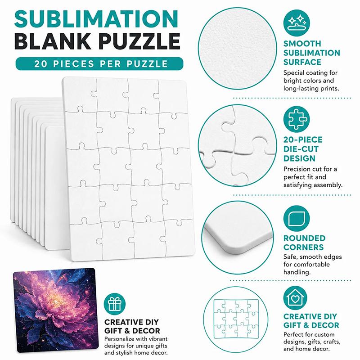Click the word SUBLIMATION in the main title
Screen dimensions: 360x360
96,19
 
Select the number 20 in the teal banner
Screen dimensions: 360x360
40,64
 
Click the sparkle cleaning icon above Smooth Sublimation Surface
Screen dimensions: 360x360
297,23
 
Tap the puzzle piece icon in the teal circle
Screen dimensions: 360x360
297,119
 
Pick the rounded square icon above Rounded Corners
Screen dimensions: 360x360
297,219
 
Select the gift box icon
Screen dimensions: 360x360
115,304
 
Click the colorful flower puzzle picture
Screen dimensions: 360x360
56,310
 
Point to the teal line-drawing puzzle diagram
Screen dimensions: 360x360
236,319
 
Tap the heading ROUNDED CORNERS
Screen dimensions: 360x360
304,243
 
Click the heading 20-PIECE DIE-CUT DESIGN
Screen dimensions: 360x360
303,149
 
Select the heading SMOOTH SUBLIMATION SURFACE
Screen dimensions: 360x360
311,53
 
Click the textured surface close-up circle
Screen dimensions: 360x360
238,49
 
